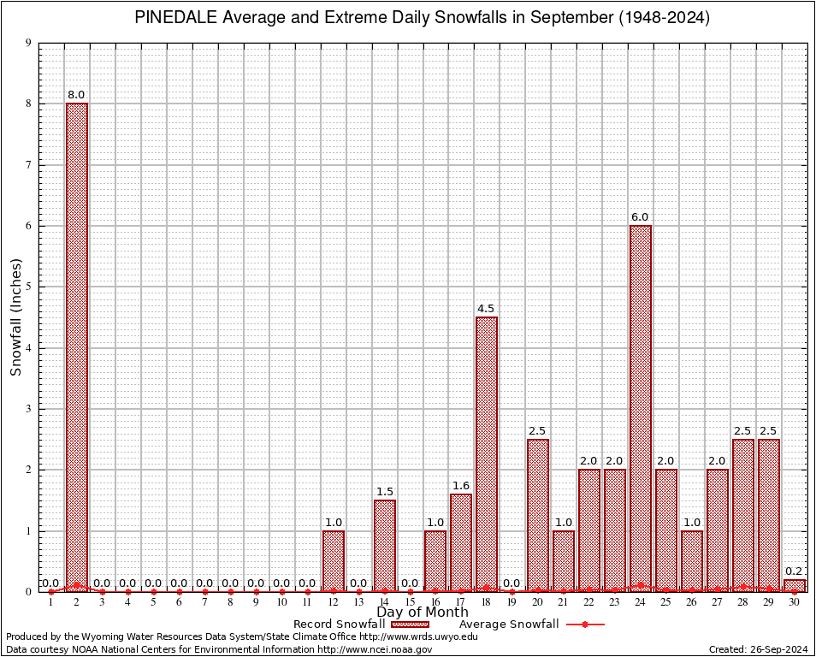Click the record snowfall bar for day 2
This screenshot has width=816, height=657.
(x=77, y=342)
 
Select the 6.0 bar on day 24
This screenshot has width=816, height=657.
(x=641, y=402)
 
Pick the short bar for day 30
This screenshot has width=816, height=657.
(x=795, y=586)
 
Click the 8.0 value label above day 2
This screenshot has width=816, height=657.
(x=76, y=94)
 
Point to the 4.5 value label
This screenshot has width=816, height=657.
(x=486, y=308)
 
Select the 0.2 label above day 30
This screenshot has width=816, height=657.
(x=794, y=571)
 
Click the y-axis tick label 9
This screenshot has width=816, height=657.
(x=29, y=43)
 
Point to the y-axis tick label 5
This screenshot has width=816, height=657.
(x=29, y=287)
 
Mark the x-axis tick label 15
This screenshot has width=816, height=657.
(x=410, y=603)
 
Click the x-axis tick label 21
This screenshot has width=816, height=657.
(x=563, y=603)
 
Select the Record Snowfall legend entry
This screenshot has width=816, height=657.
(x=339, y=624)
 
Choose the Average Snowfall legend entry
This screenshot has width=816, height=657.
(x=508, y=624)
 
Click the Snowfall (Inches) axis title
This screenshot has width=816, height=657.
(x=15, y=317)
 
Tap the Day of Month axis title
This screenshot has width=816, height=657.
(x=423, y=613)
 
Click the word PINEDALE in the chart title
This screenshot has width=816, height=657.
(x=174, y=18)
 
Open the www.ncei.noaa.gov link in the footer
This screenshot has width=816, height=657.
(x=375, y=649)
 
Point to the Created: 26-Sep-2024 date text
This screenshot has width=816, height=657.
(x=759, y=649)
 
